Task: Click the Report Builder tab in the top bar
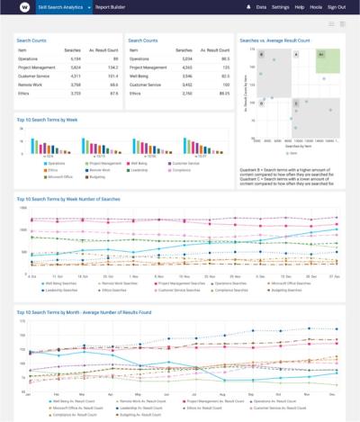coord(111,6)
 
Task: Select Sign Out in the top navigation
coord(336,6)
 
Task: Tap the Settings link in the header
coord(280,6)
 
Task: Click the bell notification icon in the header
coord(248,6)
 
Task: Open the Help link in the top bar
coord(299,6)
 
